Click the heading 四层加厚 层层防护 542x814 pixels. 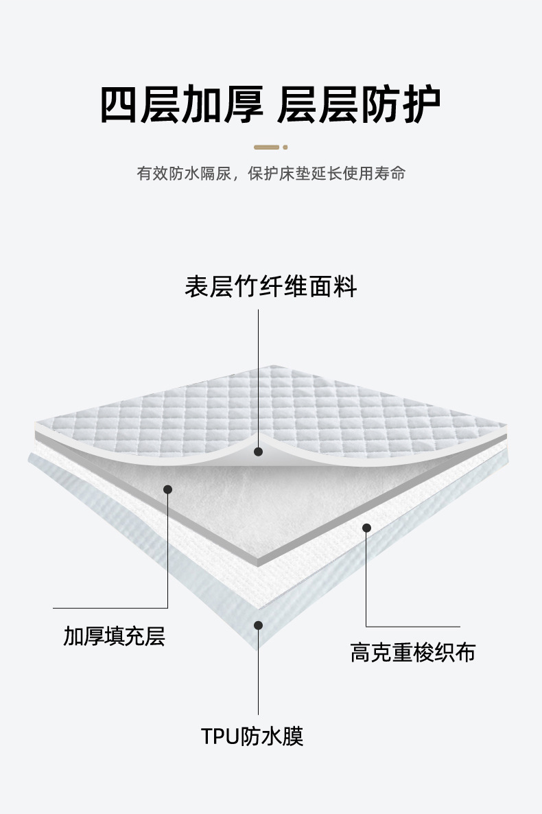270,105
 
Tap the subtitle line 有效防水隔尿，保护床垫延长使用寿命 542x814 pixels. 270,173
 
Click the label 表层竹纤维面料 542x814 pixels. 270,286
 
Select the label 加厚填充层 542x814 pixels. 114,636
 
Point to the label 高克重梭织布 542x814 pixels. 412,652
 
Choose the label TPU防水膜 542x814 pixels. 252,736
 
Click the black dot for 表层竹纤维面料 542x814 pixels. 258,452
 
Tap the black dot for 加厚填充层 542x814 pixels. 167,489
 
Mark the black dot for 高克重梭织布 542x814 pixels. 366,528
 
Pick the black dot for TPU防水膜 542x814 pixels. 258,625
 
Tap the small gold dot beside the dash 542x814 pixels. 285,147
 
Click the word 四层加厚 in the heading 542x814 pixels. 181,105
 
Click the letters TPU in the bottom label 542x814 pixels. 218,737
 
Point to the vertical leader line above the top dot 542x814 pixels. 258,377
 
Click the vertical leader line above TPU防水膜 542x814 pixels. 258,673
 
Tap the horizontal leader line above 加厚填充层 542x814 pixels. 110,608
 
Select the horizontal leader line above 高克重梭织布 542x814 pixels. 412,626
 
